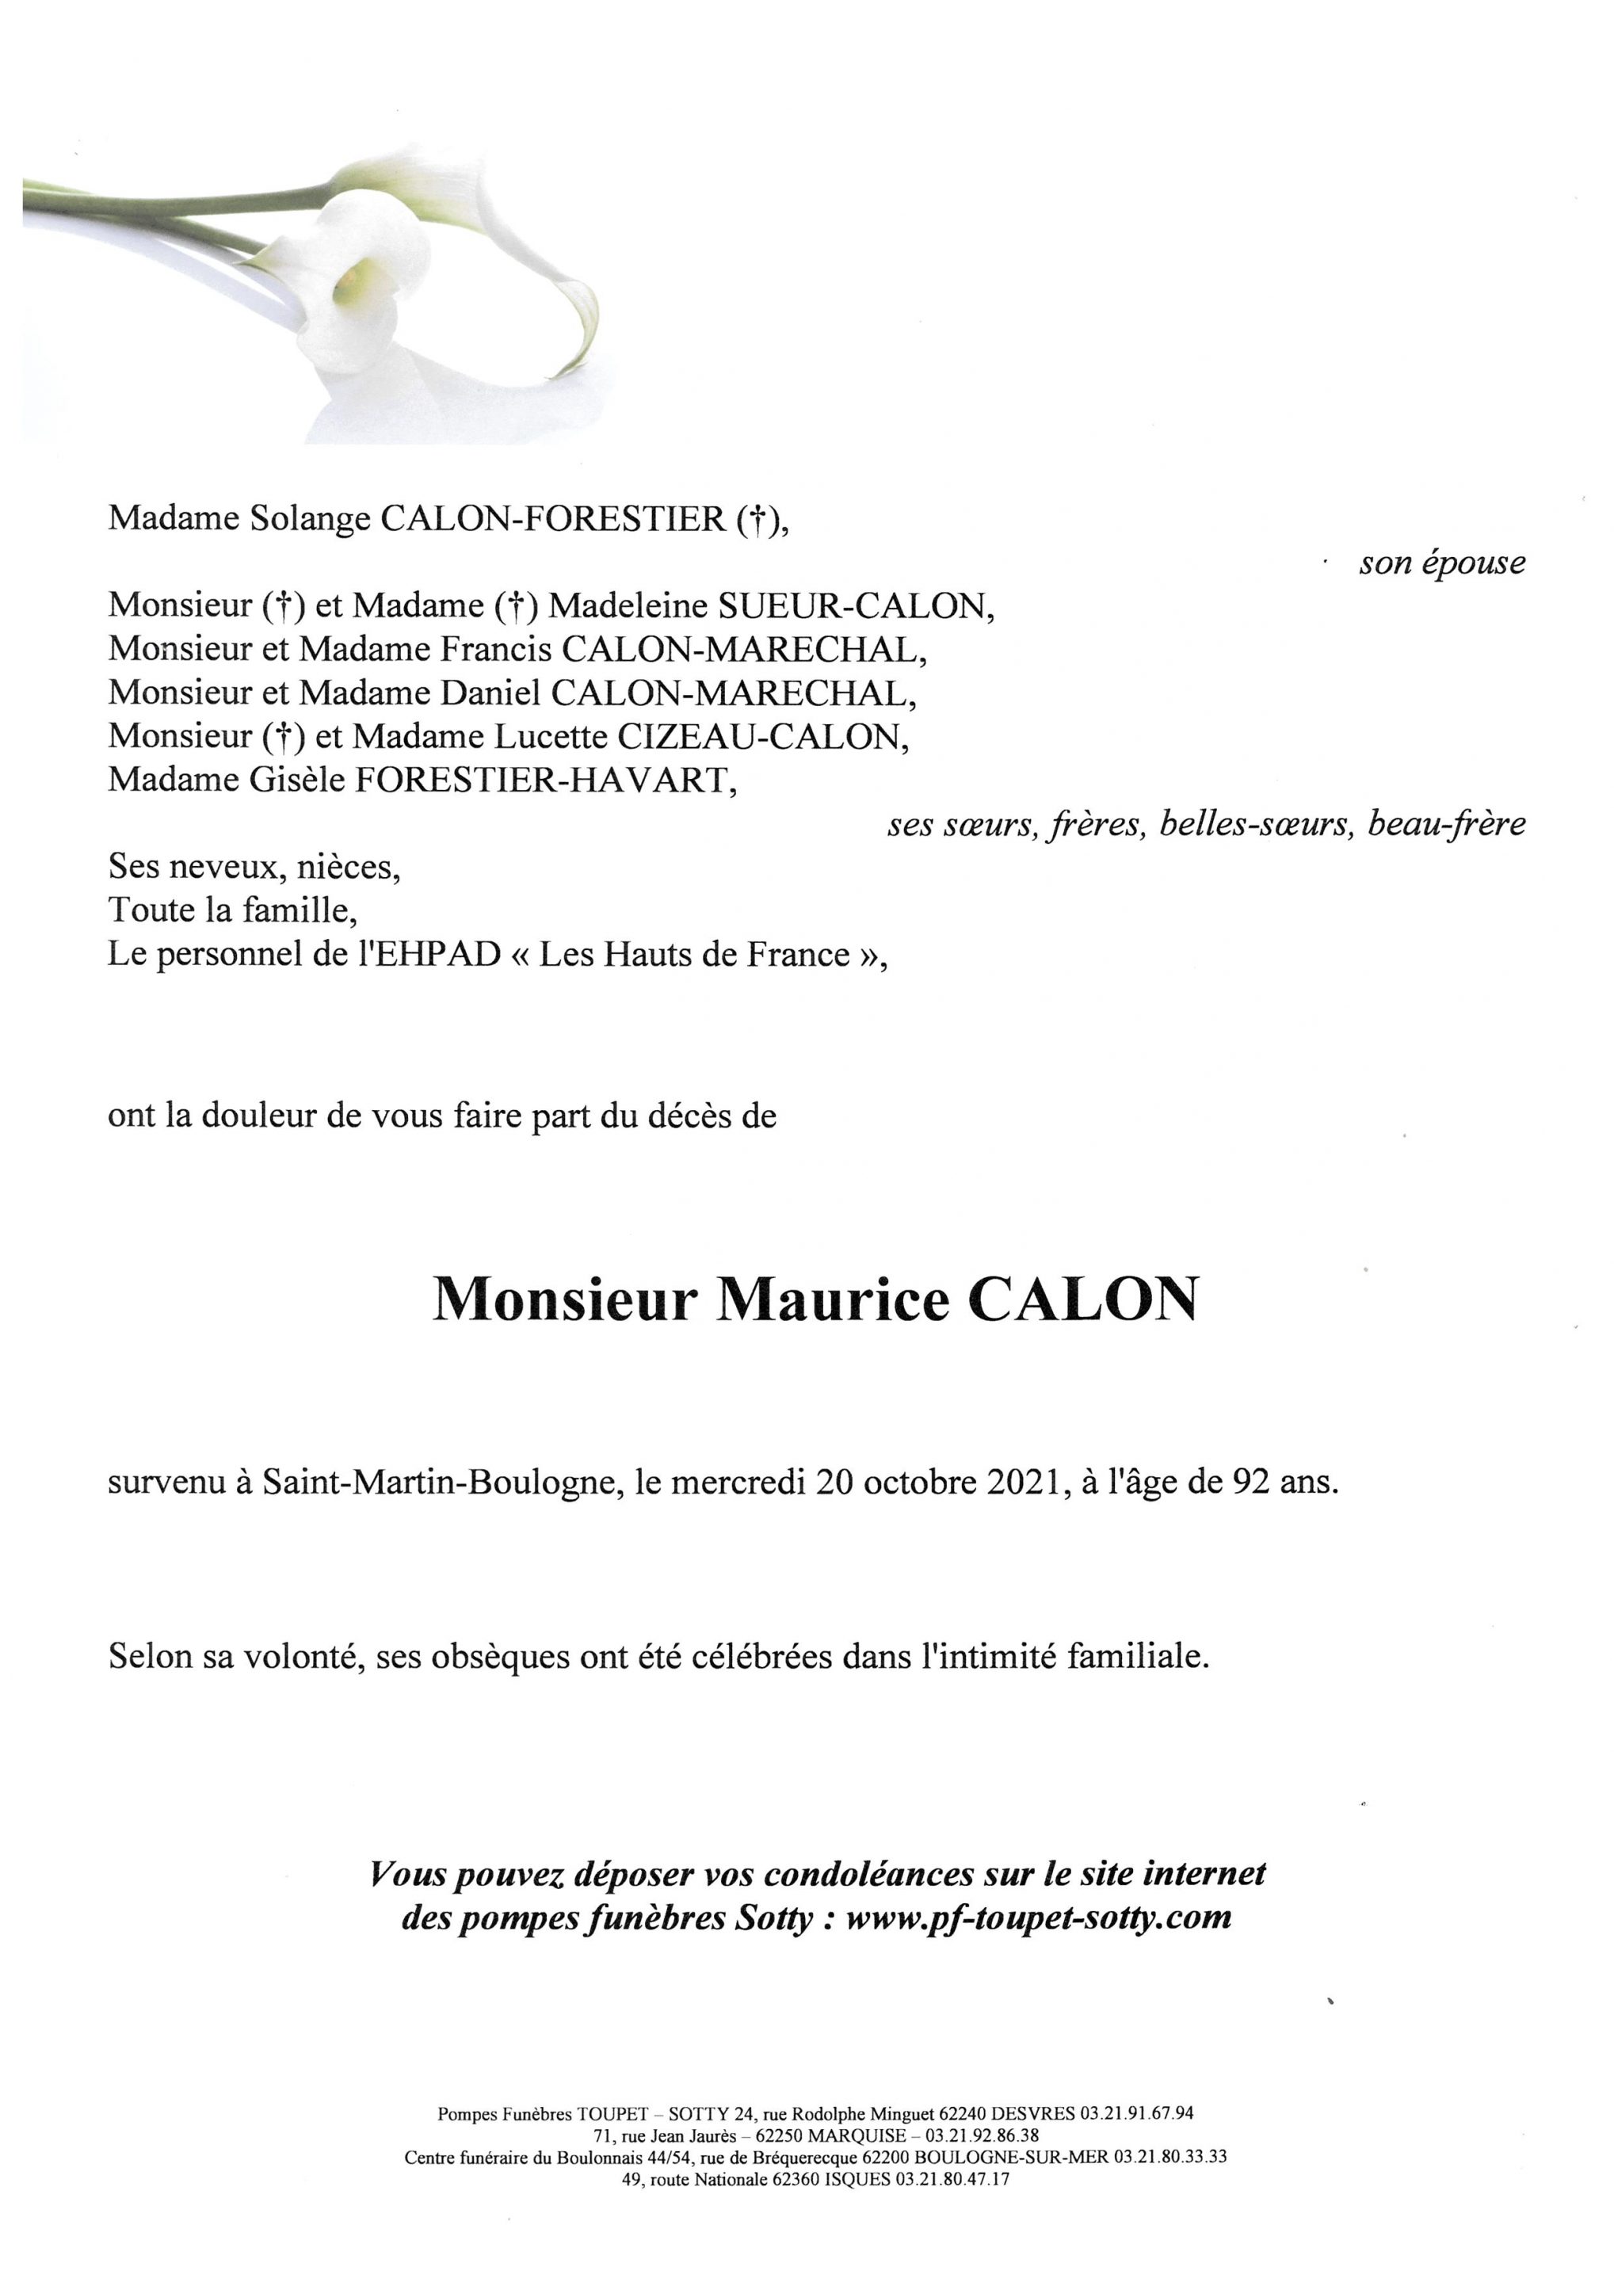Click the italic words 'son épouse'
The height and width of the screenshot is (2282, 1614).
pyautogui.click(x=1441, y=563)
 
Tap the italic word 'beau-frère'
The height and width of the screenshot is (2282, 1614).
pyautogui.click(x=1446, y=824)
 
